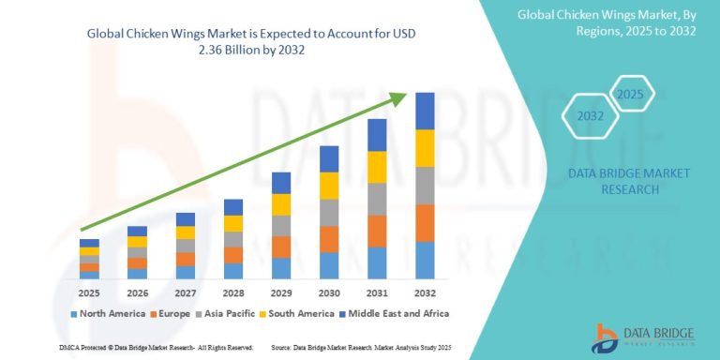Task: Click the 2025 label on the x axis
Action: click(89, 292)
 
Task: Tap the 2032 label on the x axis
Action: click(425, 292)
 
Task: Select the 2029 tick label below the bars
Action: click(280, 292)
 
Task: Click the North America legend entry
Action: click(111, 313)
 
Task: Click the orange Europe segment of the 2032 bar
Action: click(425, 223)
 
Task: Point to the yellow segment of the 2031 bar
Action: click(377, 167)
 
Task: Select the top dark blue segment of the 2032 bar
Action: click(425, 111)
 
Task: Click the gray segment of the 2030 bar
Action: click(329, 213)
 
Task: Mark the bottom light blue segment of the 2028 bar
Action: click(232, 271)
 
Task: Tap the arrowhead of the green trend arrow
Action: click(401, 97)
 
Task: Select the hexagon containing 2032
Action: click(590, 118)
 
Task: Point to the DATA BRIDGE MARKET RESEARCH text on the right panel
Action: click(616, 181)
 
